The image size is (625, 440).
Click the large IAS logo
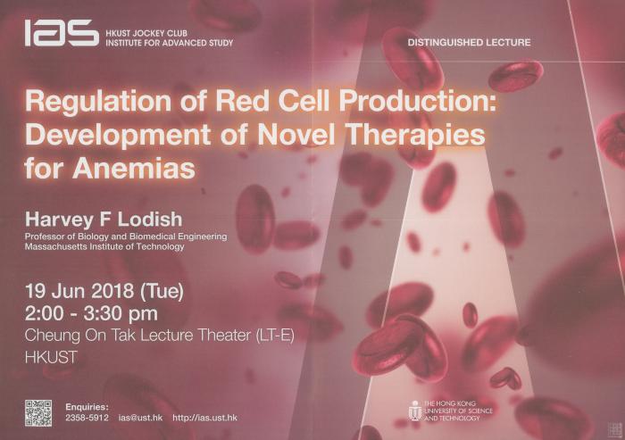tap(62, 33)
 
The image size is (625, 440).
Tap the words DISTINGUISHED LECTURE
tap(469, 42)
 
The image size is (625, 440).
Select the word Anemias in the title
tap(134, 168)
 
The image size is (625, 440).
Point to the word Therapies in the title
tap(416, 136)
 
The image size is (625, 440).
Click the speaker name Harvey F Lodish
tap(104, 220)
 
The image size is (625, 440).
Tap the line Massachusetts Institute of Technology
tap(104, 247)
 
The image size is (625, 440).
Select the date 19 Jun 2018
tap(79, 291)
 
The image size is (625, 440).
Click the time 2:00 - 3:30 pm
tap(91, 313)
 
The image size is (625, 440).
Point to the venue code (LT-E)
tap(274, 336)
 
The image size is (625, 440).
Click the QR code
tap(38, 413)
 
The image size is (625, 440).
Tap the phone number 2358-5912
tap(87, 418)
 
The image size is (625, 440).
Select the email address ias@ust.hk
tap(141, 418)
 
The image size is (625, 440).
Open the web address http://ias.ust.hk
tap(204, 418)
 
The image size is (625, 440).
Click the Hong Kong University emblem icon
tap(415, 411)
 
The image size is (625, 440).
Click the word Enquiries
tap(87, 407)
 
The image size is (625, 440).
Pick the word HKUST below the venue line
tap(51, 357)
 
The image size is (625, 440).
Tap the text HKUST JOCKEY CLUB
tap(146, 34)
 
